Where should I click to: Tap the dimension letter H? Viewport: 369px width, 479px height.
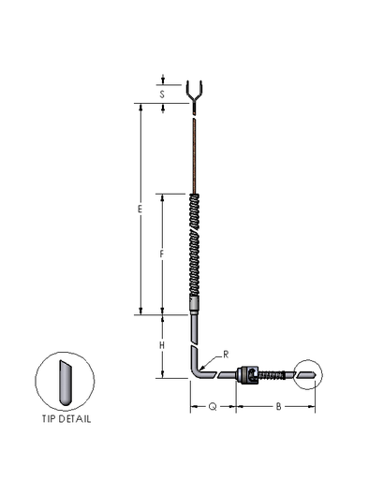coord(161,346)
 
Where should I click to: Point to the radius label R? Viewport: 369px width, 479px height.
coord(225,354)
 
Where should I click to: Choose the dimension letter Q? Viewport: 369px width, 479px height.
coord(213,407)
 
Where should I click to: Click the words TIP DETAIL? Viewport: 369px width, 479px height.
coord(66,419)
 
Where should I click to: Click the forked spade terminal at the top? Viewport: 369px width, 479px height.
coord(196,94)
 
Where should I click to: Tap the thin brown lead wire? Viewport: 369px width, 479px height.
coord(196,154)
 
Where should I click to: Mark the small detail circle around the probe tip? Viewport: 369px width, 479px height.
coord(311,376)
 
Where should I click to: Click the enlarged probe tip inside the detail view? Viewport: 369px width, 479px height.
coord(65,383)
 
